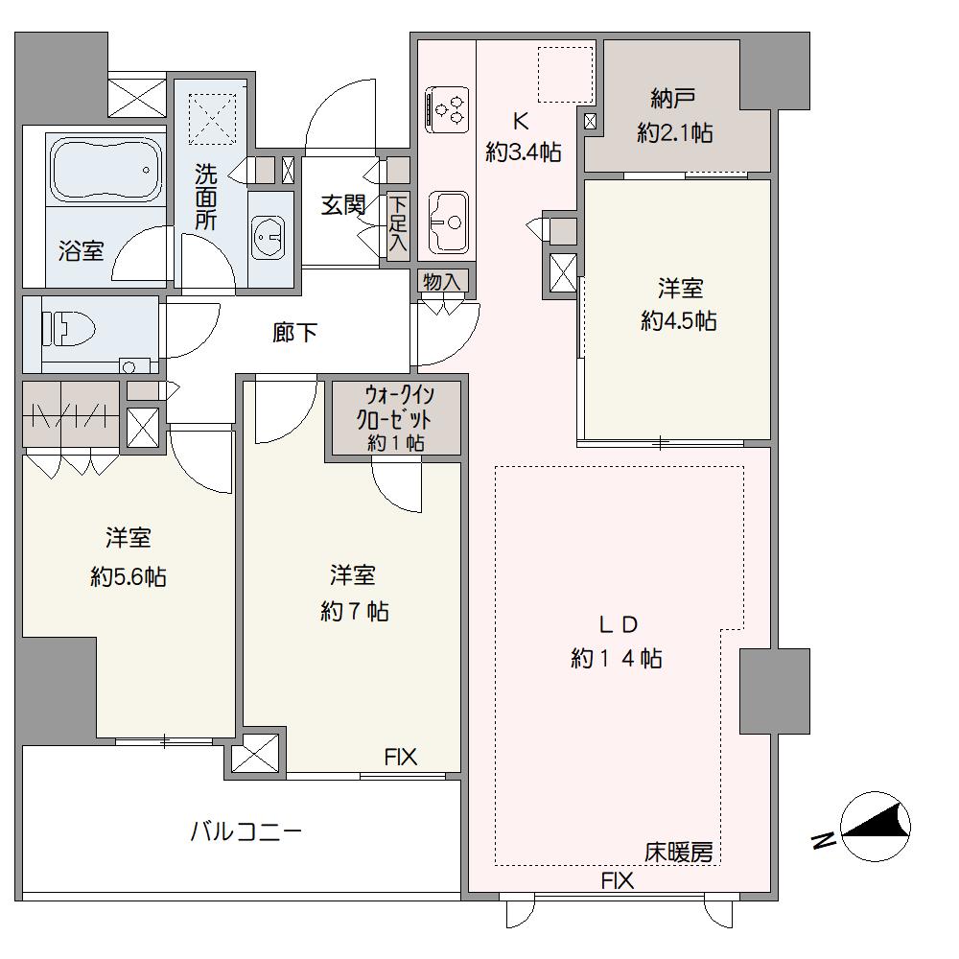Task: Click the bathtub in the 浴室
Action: point(106,168)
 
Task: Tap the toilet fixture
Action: point(68,330)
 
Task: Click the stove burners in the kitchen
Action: point(448,109)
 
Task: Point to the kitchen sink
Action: point(448,222)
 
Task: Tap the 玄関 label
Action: point(343,205)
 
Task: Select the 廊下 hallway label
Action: point(294,333)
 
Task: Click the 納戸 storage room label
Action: point(673,99)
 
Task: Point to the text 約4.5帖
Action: point(679,320)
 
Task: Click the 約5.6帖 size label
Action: point(129,576)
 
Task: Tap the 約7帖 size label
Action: point(355,611)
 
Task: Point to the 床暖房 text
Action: point(679,852)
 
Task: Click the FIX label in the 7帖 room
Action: point(401,758)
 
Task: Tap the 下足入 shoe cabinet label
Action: point(398,223)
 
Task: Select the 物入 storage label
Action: point(441,282)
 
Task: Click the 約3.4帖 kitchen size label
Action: point(524,152)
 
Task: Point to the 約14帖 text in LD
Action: point(617,659)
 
